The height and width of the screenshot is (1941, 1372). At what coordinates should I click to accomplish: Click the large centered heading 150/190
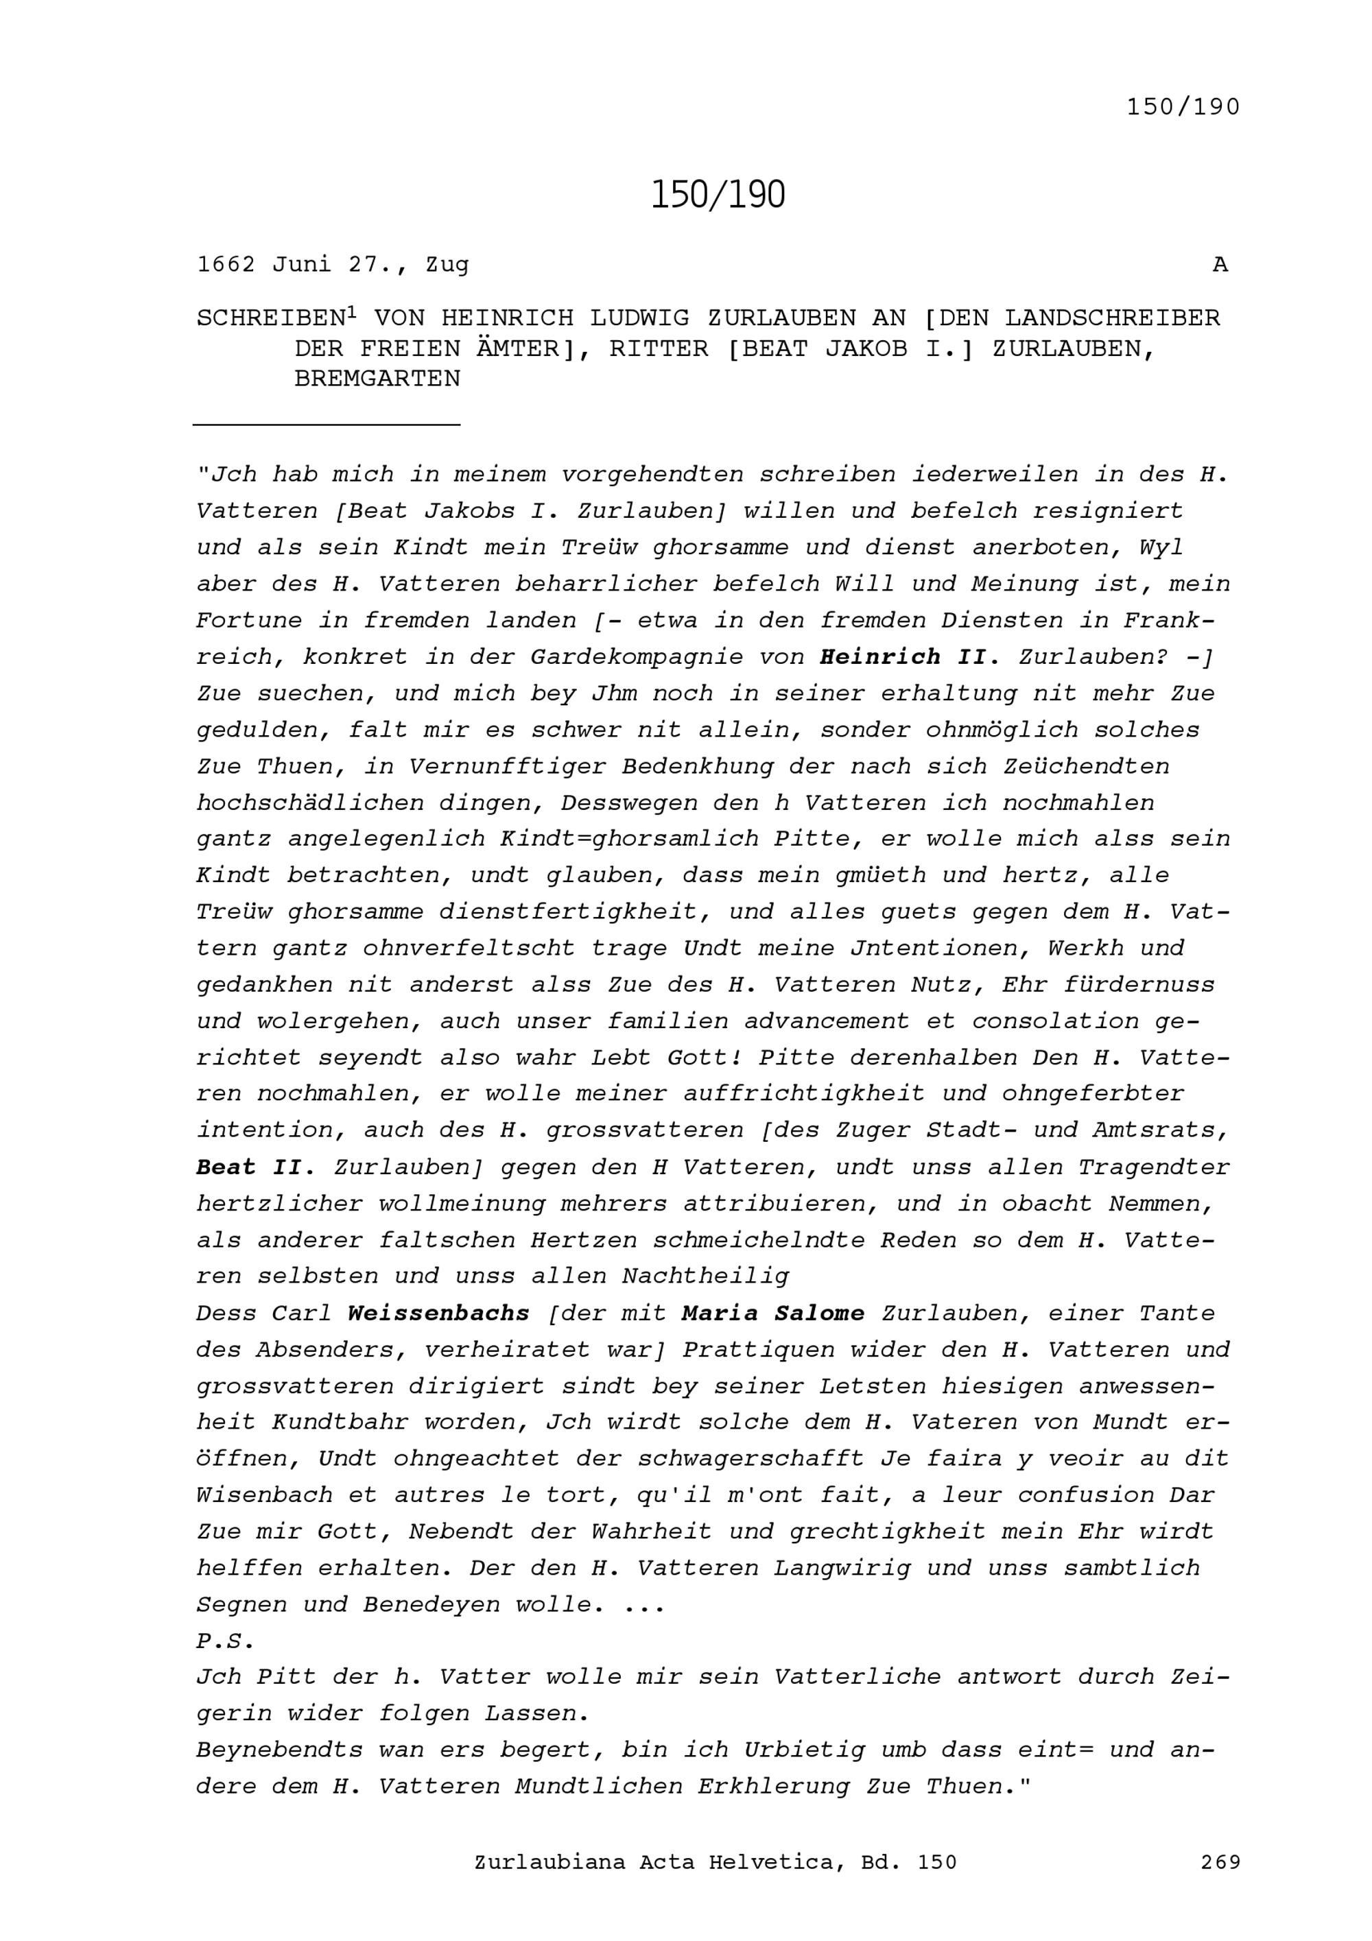718,195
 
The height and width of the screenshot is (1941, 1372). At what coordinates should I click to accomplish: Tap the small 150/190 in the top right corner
1183,108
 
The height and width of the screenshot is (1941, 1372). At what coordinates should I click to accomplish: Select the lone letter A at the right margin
1220,265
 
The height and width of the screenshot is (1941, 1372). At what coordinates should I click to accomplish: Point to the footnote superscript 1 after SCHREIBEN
352,313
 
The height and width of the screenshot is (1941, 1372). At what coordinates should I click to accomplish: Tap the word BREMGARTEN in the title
377,378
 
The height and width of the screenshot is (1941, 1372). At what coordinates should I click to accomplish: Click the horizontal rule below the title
327,424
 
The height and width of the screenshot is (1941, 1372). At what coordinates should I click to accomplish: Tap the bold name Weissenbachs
438,1313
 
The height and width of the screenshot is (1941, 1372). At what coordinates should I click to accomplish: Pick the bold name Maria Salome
772,1313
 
